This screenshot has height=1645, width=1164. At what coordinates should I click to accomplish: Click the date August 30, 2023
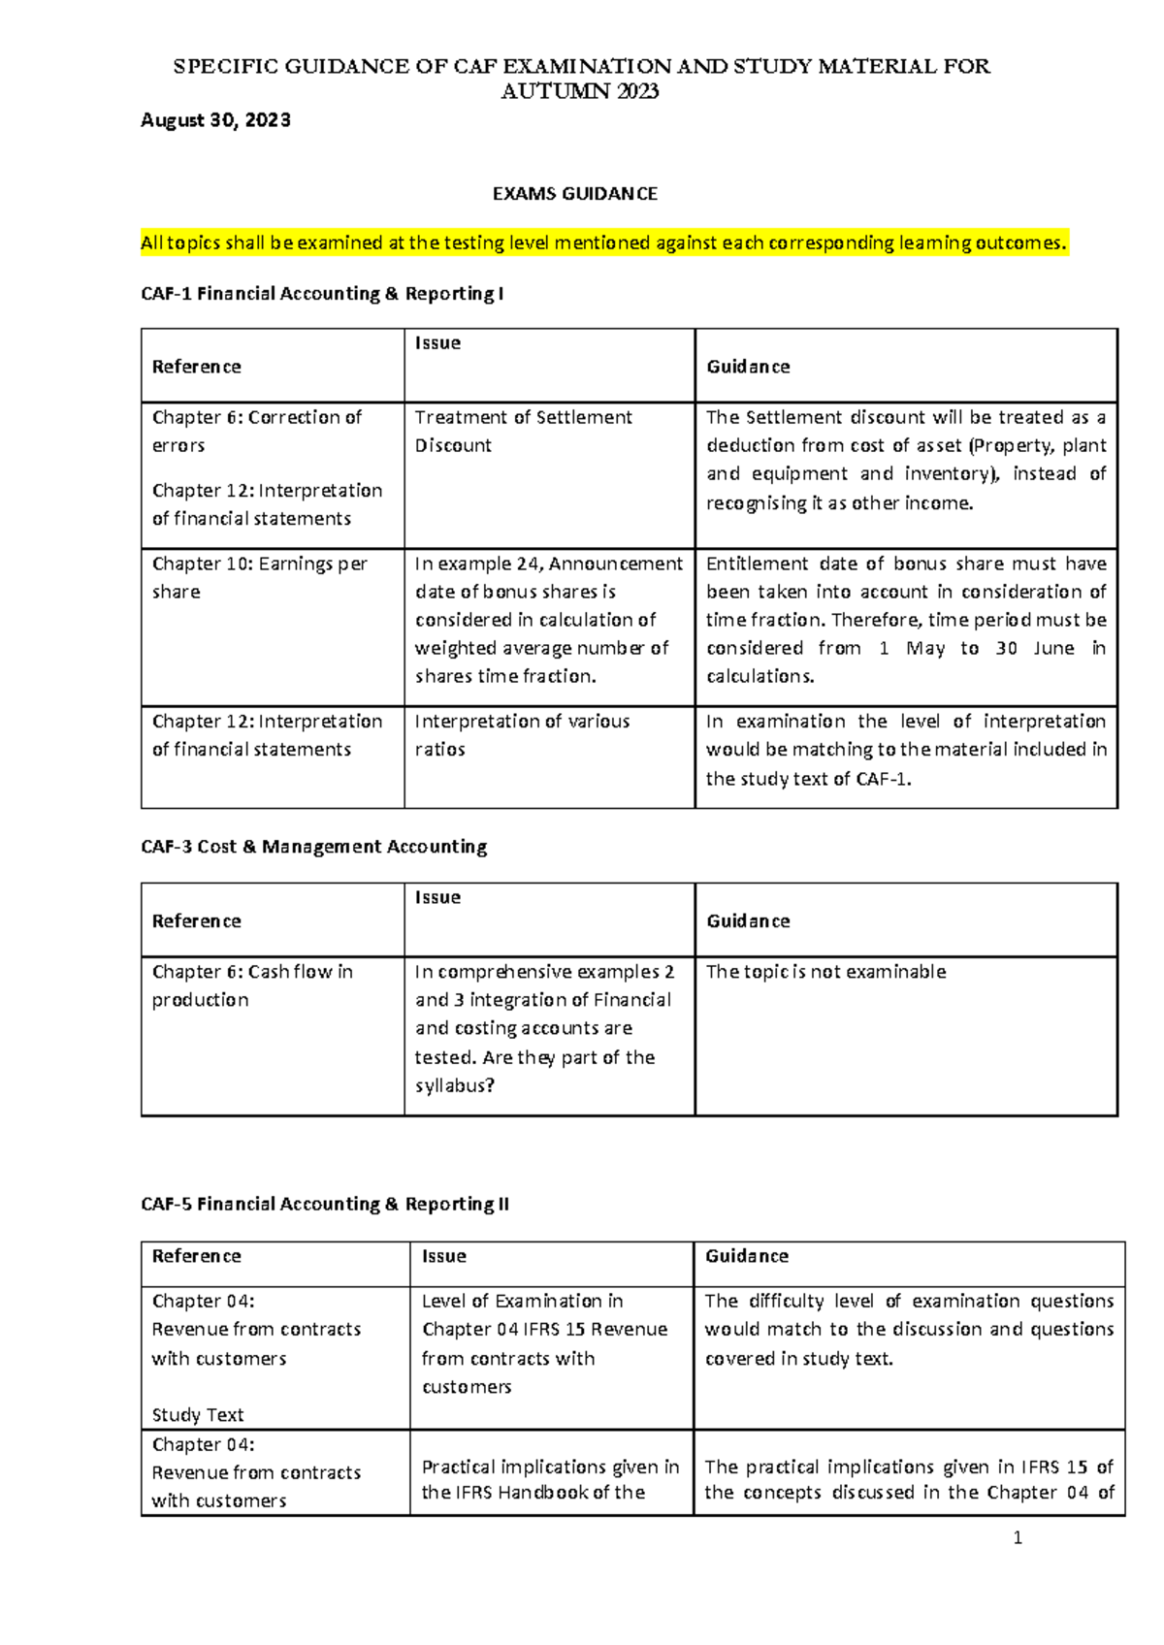click(215, 120)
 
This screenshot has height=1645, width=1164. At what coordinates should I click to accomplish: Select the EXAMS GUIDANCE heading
click(574, 194)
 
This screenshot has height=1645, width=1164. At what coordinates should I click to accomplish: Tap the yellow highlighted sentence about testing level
click(603, 243)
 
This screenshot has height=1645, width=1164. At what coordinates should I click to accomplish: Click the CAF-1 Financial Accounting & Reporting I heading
click(322, 294)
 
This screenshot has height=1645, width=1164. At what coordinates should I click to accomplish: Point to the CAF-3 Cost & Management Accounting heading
click(313, 847)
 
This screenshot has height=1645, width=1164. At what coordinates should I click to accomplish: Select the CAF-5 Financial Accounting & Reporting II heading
click(325, 1205)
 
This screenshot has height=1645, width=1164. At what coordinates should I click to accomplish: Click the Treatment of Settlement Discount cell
click(524, 432)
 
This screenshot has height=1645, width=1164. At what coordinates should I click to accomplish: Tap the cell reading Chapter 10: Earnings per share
click(259, 577)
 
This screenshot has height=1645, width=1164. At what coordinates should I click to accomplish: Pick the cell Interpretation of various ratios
click(522, 735)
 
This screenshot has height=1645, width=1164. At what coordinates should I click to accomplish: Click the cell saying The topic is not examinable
click(825, 972)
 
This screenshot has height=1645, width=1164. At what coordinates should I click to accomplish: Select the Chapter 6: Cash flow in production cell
click(252, 985)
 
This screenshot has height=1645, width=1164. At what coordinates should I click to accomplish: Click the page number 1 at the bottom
click(1018, 1537)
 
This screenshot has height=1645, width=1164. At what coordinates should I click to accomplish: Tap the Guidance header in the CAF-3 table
click(748, 921)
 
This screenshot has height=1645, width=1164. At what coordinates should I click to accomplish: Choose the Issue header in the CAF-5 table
click(444, 1257)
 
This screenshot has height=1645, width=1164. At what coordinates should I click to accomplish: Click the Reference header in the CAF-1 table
click(197, 367)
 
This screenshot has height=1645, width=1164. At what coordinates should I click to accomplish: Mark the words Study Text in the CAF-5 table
click(198, 1415)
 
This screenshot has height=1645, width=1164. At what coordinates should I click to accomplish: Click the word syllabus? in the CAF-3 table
click(455, 1086)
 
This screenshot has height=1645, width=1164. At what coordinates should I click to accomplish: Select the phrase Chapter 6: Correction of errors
click(256, 432)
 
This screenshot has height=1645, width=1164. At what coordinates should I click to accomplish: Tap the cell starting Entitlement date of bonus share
click(906, 620)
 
